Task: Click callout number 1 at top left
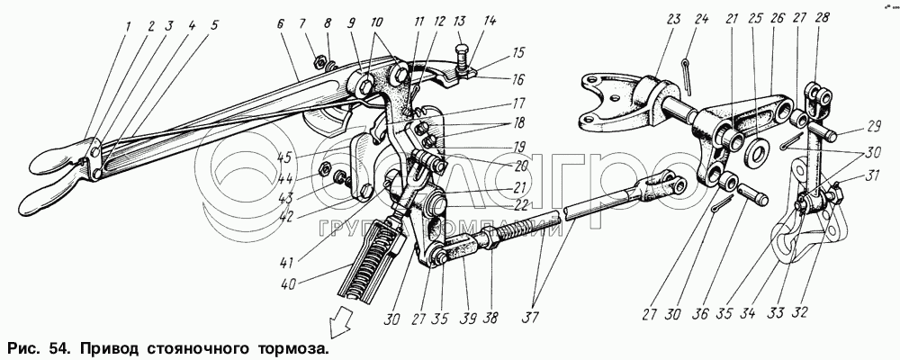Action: (x=129, y=27)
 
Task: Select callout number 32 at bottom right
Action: (x=800, y=314)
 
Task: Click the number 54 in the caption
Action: (x=55, y=346)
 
